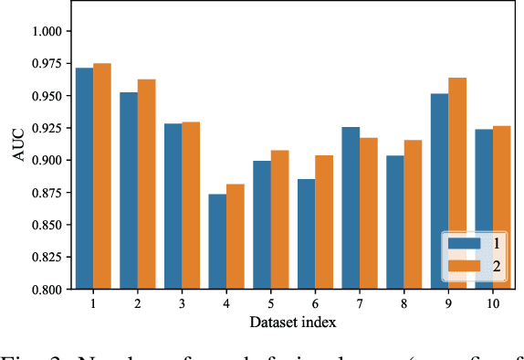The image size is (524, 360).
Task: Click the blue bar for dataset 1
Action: point(84,178)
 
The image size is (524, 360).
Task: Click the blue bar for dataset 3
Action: point(173,206)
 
